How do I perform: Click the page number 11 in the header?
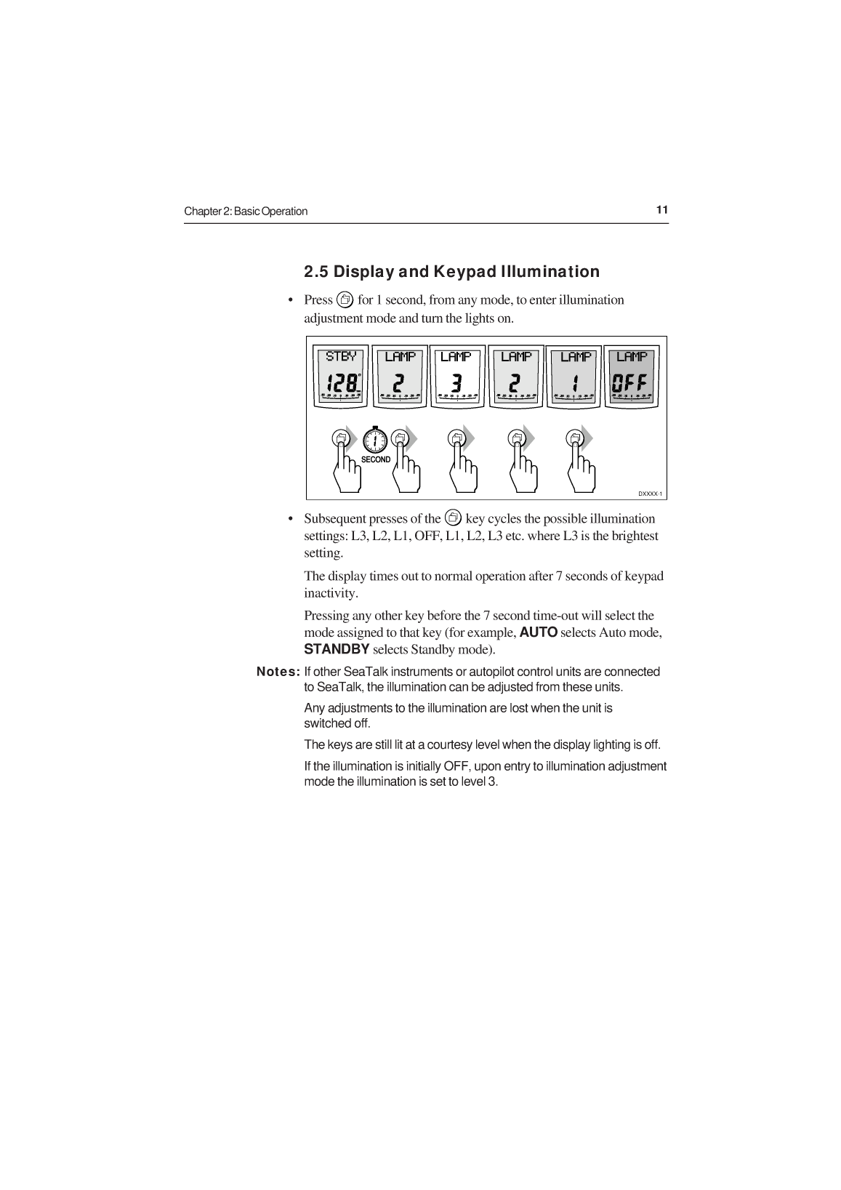pos(661,210)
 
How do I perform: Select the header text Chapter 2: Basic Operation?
pos(246,212)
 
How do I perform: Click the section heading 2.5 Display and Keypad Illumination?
pos(451,272)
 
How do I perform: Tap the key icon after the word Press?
pos(345,299)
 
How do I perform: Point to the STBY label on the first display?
pos(341,356)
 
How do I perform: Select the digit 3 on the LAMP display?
pos(456,382)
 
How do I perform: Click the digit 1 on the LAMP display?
pos(575,382)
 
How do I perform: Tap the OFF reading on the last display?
pos(631,382)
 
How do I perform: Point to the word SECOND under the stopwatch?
pos(376,459)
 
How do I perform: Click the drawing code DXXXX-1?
pos(650,494)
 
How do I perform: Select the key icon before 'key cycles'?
pos(453,518)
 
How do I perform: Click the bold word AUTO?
pos(539,632)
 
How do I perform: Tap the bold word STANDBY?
pos(337,648)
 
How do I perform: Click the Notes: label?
pos(278,672)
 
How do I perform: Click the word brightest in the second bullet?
pos(634,536)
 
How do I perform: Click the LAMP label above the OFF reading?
pos(631,356)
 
